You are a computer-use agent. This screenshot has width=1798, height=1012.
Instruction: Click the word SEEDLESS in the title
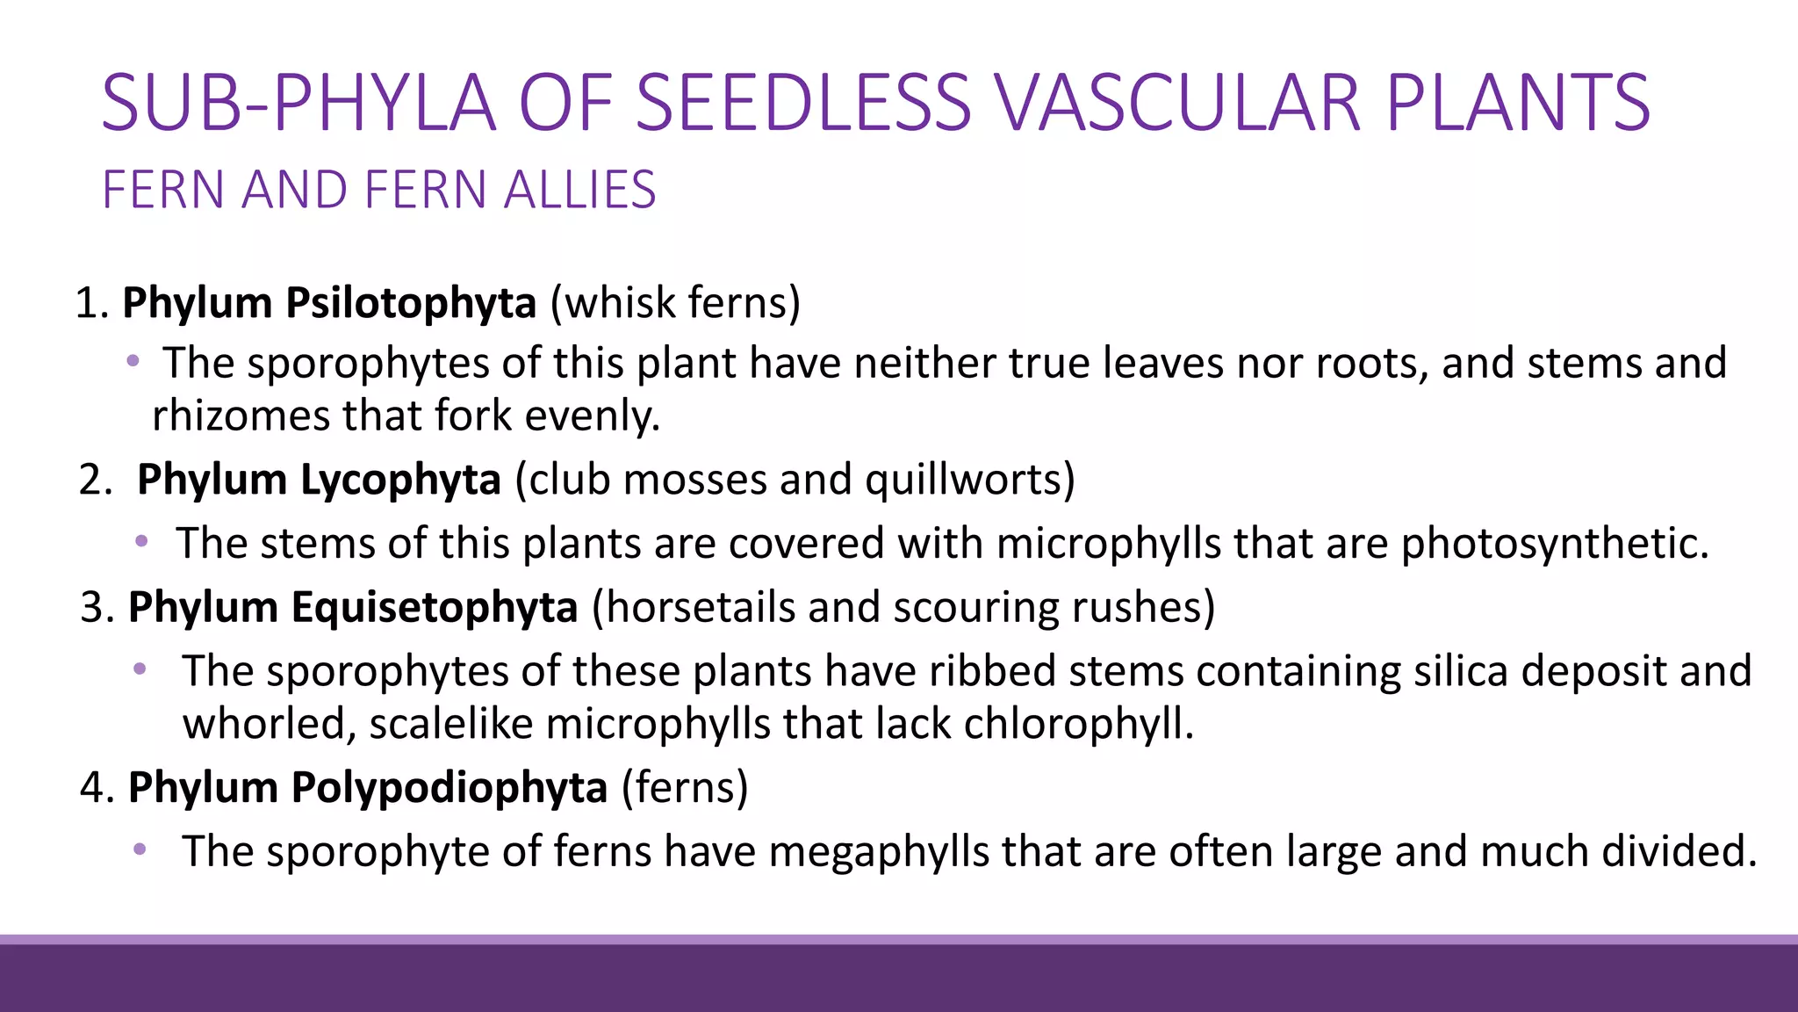[x=802, y=103]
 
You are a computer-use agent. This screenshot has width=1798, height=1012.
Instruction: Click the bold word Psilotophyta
[x=410, y=303]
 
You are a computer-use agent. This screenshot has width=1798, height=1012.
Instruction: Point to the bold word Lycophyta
[x=400, y=481]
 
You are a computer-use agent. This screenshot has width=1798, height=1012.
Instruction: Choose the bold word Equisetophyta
[x=434, y=608]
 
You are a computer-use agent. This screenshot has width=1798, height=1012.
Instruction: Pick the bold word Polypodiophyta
[x=449, y=788]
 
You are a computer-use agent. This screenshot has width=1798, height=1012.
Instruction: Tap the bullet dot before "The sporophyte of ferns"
[x=140, y=849]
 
